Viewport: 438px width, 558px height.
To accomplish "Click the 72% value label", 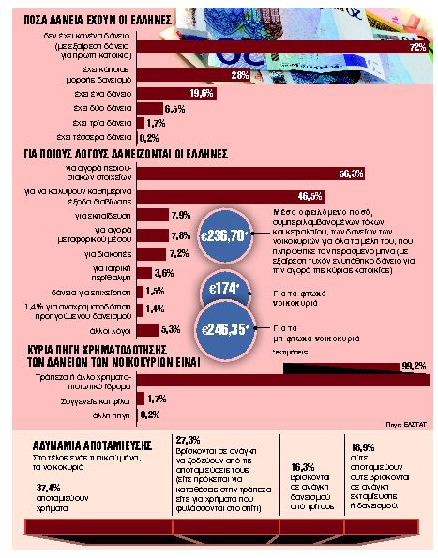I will point(417,46).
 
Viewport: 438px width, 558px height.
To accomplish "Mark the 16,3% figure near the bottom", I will point(302,466).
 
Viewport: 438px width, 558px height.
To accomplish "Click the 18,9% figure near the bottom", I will point(364,446).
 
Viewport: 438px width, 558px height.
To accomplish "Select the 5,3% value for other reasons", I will point(170,329).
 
